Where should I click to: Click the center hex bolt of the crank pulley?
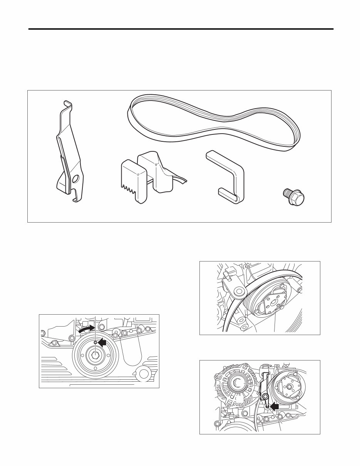(x=94, y=355)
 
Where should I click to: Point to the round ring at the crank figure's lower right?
(x=144, y=373)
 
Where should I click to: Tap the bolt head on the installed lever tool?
(x=265, y=397)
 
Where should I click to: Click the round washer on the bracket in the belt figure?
(x=239, y=292)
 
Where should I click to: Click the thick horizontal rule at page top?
(x=180, y=29)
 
